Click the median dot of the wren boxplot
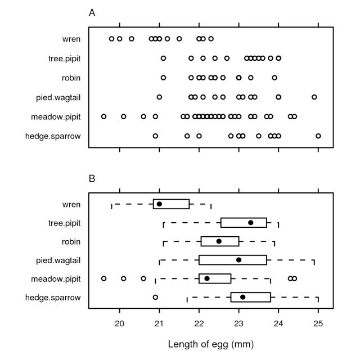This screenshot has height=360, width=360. coord(160,204)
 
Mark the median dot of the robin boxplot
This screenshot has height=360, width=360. coord(219,241)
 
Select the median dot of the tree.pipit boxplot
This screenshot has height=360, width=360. coord(251,223)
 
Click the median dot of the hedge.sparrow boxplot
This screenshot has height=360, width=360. coord(243,297)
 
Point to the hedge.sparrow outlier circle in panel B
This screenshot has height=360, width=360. coord(155,297)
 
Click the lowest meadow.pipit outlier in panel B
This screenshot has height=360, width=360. coord(103,278)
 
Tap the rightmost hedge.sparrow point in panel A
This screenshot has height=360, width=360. coord(318,136)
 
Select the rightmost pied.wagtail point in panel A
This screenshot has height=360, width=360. coord(314,97)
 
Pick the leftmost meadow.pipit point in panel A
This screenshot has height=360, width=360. coord(103,116)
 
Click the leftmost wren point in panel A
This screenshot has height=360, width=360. coord(111,39)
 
